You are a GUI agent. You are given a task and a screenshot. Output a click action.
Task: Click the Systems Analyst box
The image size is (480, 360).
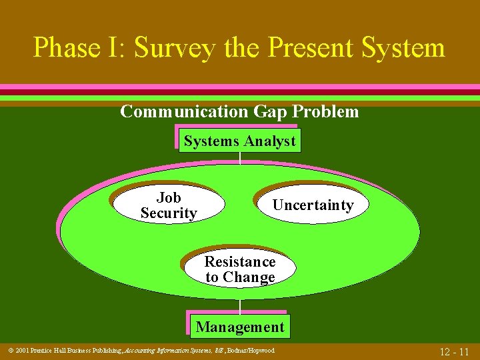click(239, 141)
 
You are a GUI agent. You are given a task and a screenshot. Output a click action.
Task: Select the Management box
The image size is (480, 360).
click(239, 327)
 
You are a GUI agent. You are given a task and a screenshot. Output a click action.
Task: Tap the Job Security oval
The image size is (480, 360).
click(168, 205)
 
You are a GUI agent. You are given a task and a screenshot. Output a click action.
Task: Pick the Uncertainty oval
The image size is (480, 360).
click(313, 205)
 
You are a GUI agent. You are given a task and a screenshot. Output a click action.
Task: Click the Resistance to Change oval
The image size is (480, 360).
click(240, 269)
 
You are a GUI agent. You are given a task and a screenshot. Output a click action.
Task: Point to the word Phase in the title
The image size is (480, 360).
click(65, 48)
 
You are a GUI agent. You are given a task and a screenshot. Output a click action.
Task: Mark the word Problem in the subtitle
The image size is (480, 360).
click(327, 111)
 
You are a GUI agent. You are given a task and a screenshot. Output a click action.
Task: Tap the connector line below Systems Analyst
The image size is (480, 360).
click(240, 159)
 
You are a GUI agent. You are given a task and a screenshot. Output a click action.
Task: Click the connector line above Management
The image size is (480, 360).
click(240, 305)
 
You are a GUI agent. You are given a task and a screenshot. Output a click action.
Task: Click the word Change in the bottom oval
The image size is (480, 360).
click(249, 277)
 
